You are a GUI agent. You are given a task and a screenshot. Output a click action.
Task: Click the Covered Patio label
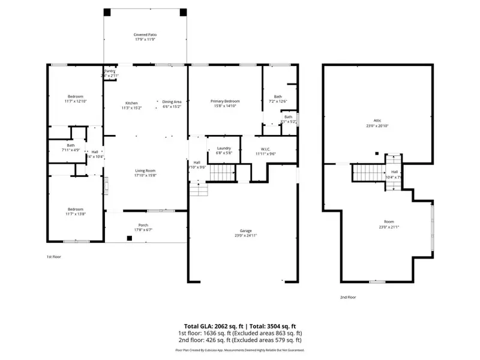145,35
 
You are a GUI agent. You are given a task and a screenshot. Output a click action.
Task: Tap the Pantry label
110,71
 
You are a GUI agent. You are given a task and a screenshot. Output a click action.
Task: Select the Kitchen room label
131,103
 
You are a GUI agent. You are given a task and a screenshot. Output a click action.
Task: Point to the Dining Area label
172,101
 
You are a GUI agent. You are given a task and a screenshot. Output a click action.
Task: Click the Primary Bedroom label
225,101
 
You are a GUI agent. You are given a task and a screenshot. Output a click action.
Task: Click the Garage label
244,230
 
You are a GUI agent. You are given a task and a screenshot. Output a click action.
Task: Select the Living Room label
145,170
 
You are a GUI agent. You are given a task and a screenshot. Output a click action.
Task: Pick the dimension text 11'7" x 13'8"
76,214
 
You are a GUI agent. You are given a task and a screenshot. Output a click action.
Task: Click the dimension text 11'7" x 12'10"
76,101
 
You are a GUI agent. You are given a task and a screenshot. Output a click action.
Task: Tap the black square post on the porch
129,238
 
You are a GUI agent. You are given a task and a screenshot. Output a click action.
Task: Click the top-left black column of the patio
107,12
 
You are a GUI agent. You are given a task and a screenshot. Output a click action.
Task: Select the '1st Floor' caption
54,256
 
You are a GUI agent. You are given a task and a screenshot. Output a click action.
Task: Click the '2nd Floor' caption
348,297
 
